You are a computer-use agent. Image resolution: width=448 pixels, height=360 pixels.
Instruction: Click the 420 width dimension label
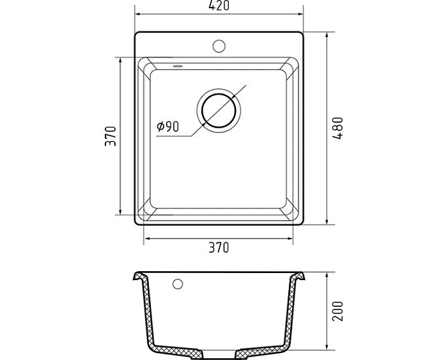click(x=219, y=5)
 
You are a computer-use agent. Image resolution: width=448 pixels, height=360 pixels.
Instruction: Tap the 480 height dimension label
click(x=337, y=128)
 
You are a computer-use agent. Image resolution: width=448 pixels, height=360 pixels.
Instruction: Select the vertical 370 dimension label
click(x=111, y=136)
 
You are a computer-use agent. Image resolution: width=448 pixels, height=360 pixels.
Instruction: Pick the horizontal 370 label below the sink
click(x=219, y=247)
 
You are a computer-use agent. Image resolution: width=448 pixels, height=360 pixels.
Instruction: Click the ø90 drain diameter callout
click(x=167, y=127)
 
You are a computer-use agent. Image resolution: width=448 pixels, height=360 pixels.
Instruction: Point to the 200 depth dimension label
click(x=337, y=311)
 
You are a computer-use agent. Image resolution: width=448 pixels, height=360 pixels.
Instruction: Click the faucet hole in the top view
click(x=219, y=46)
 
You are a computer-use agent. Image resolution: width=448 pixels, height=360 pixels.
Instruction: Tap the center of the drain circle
click(x=219, y=111)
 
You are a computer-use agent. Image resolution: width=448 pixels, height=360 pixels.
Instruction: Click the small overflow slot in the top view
click(x=178, y=67)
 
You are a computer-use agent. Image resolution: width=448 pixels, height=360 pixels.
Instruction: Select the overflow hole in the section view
click(x=178, y=284)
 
